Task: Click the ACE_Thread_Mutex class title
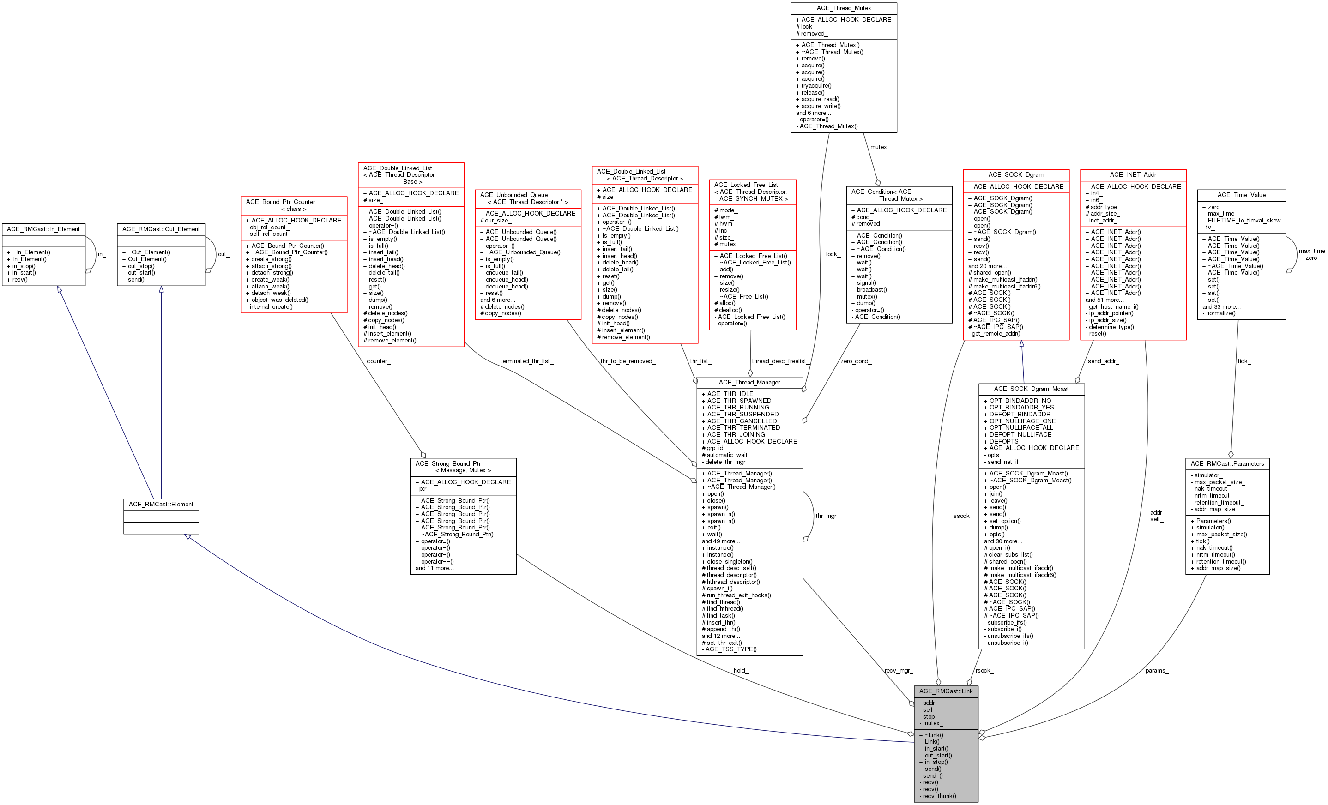click(844, 8)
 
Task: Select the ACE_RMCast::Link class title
click(946, 691)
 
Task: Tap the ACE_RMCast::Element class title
click(161, 505)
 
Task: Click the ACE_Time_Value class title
click(1241, 195)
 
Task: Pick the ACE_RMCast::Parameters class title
click(1227, 463)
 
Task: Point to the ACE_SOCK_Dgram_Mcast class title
click(1031, 389)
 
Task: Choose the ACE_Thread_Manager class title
click(749, 383)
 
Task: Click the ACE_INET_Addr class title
click(1133, 174)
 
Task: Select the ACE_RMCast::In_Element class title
click(43, 229)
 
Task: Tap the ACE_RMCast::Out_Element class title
click(161, 229)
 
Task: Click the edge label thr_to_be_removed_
click(628, 361)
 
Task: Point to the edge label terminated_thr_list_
click(526, 361)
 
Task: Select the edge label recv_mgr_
click(899, 671)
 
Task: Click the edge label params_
click(1157, 671)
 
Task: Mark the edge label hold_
click(741, 671)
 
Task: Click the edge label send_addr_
click(1103, 361)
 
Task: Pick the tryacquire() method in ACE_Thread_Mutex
click(816, 86)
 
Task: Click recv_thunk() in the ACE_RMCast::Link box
click(939, 796)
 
